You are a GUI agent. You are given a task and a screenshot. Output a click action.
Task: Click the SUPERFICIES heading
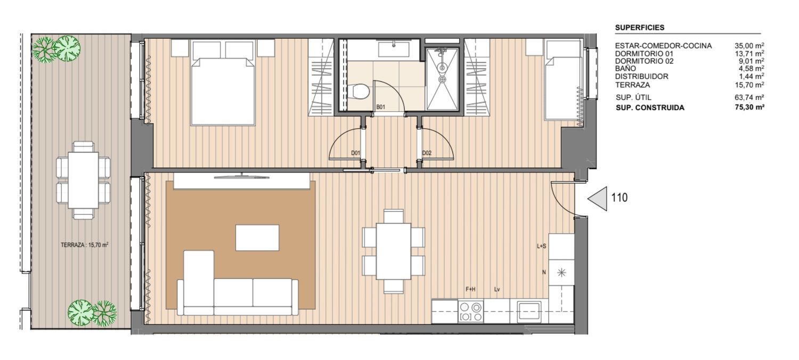[x=640, y=28]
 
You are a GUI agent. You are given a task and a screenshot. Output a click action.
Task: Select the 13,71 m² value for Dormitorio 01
[x=749, y=53]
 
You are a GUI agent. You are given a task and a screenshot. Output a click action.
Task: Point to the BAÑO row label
[x=625, y=68]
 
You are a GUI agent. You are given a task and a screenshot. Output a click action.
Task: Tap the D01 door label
[x=355, y=153]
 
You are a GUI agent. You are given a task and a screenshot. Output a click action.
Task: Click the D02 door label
[x=427, y=153]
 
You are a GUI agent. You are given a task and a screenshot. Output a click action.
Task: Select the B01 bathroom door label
[x=381, y=107]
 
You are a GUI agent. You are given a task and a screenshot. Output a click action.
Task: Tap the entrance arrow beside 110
[x=598, y=199]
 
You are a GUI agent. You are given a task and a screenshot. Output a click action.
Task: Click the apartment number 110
[x=619, y=198]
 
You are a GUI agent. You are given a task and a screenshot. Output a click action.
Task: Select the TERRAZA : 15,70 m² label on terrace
[x=85, y=245]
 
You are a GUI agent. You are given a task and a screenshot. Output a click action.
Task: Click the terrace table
[x=83, y=180]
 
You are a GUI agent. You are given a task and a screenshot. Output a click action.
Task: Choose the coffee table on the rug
[x=257, y=238]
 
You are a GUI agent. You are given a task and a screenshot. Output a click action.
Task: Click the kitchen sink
[x=529, y=311]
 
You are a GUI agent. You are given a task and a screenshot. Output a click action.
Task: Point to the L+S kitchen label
[x=542, y=246]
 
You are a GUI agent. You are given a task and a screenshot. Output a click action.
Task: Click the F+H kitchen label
[x=470, y=289]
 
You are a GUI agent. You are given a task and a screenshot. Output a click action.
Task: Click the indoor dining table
[x=394, y=251]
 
